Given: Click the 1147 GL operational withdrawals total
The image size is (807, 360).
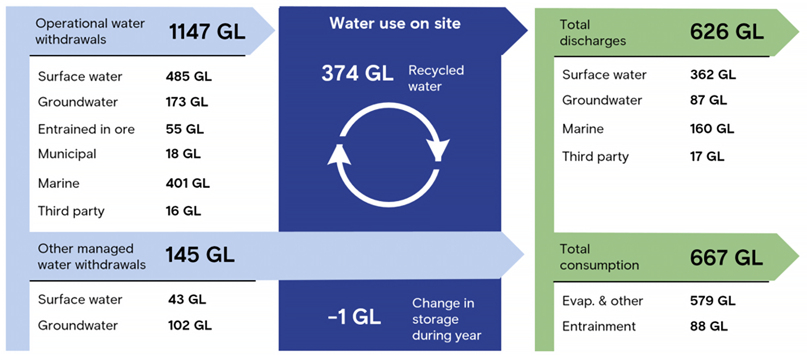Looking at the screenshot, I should [x=207, y=32].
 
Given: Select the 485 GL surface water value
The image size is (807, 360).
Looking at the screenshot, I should [x=189, y=76].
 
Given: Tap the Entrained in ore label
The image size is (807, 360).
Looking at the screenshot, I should [x=86, y=129].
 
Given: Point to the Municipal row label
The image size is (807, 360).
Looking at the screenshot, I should [x=67, y=154].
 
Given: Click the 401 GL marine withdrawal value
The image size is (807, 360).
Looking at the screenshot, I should [x=187, y=183].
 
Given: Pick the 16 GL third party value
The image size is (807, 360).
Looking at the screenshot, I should [x=183, y=211].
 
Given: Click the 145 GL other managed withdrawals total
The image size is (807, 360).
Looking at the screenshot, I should [x=200, y=255].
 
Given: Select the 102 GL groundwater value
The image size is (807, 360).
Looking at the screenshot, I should [x=190, y=325].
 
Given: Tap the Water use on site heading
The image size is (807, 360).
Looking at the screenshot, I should [x=395, y=24].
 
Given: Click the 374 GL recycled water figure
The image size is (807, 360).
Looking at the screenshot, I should [x=357, y=74].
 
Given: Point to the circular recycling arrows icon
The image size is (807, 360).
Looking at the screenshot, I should [x=388, y=155].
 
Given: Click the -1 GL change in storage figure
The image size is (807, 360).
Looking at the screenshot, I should [x=354, y=317].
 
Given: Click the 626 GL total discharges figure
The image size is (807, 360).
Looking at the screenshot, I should [x=727, y=32].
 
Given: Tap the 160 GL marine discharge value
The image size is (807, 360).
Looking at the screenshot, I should [x=712, y=129].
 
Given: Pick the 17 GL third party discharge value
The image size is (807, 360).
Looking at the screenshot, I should [x=707, y=157].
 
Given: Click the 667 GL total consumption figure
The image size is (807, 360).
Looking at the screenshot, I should [x=726, y=258].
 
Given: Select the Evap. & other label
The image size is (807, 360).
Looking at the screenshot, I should [x=602, y=301].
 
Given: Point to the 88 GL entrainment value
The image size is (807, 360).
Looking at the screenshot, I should [x=709, y=326].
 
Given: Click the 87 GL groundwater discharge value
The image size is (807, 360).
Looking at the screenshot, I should [x=708, y=100].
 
